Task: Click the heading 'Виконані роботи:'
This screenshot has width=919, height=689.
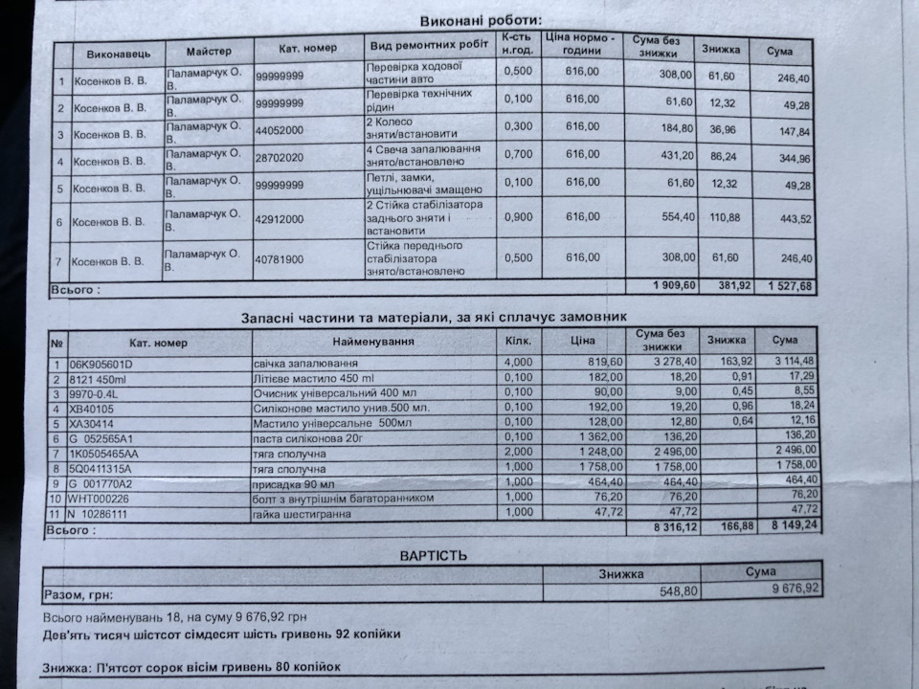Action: click(x=480, y=20)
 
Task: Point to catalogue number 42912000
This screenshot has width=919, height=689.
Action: click(x=280, y=218)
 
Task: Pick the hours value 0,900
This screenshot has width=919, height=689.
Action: click(x=518, y=217)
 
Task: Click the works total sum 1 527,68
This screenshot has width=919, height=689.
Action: click(x=789, y=286)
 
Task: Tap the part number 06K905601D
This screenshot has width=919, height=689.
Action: click(x=101, y=364)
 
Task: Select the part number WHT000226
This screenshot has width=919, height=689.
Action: click(x=101, y=498)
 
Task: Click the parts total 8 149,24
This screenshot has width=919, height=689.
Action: click(x=794, y=525)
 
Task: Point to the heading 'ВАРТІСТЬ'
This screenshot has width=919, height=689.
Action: click(x=434, y=554)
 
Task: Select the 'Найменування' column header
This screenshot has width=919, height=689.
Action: click(x=373, y=342)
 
